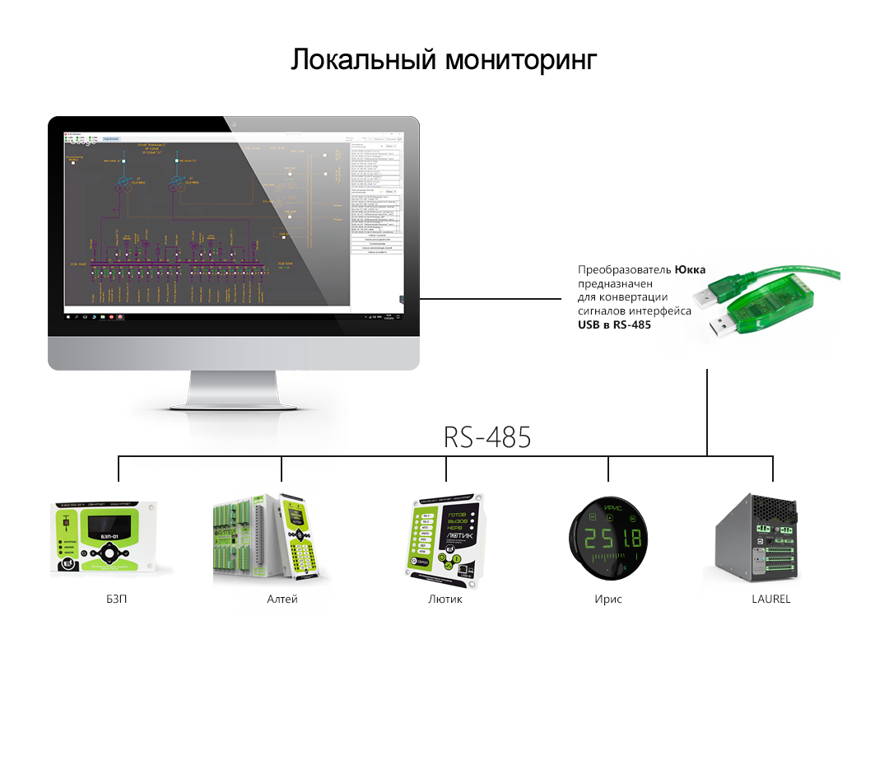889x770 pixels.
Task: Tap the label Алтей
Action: click(x=282, y=599)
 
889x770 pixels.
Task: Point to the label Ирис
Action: click(x=608, y=599)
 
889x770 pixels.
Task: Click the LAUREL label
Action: click(x=770, y=599)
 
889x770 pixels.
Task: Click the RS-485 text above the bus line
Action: click(x=486, y=437)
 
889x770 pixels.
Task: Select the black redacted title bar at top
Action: click(x=444, y=62)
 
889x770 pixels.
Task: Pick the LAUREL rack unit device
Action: click(x=755, y=539)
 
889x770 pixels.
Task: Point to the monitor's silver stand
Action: click(x=233, y=395)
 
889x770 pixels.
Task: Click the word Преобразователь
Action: click(x=624, y=269)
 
